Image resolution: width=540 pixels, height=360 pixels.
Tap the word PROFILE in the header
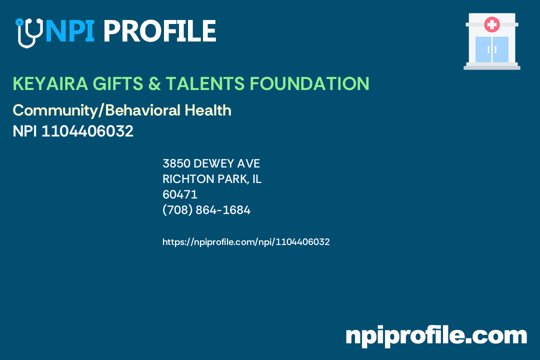(x=159, y=31)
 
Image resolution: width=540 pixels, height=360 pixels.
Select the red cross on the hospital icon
(x=492, y=24)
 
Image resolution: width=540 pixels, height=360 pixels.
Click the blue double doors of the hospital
(x=491, y=49)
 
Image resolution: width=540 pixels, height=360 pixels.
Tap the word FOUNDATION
(x=309, y=84)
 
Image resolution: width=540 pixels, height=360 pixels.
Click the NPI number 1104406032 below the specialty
(x=87, y=131)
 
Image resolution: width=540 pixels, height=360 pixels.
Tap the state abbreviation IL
(x=256, y=179)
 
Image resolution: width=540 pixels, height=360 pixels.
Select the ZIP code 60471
(x=180, y=194)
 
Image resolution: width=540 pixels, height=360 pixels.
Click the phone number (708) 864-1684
(x=206, y=210)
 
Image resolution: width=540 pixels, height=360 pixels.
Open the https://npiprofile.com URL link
(x=246, y=242)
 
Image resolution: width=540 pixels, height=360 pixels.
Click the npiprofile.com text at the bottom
(x=436, y=336)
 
